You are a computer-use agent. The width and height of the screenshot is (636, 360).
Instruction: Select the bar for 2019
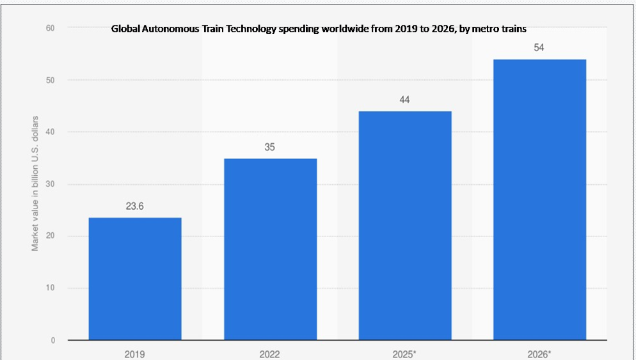tap(135, 279)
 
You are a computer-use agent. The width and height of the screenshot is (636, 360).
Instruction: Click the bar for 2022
tap(271, 249)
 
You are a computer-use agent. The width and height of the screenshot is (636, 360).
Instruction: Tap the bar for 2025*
tap(405, 226)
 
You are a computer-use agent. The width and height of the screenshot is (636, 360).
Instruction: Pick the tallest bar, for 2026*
tap(539, 200)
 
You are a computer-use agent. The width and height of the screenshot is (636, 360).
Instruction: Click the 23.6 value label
tap(134, 207)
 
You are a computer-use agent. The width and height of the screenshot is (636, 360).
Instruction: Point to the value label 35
tap(270, 147)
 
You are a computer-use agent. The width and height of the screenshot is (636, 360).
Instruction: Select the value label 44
tap(404, 100)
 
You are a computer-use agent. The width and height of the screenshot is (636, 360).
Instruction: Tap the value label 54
tap(539, 48)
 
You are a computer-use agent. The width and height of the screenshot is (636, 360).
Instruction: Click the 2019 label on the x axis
tap(134, 354)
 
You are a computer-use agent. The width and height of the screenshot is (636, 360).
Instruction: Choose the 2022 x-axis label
tap(270, 354)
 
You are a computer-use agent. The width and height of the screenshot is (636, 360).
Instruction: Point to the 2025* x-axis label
tap(404, 354)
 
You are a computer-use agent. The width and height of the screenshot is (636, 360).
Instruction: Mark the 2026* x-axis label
tap(539, 354)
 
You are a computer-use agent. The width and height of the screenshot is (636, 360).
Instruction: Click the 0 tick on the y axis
tap(52, 341)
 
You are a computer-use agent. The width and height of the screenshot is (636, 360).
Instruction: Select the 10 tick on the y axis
tap(51, 288)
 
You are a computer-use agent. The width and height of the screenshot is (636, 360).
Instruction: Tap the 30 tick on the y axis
tap(51, 184)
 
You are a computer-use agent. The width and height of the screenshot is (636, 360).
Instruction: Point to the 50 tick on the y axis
tap(51, 81)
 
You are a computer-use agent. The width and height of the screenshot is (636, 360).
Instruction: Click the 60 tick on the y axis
tap(51, 28)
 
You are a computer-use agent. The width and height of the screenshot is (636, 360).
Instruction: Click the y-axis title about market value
tap(35, 184)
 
